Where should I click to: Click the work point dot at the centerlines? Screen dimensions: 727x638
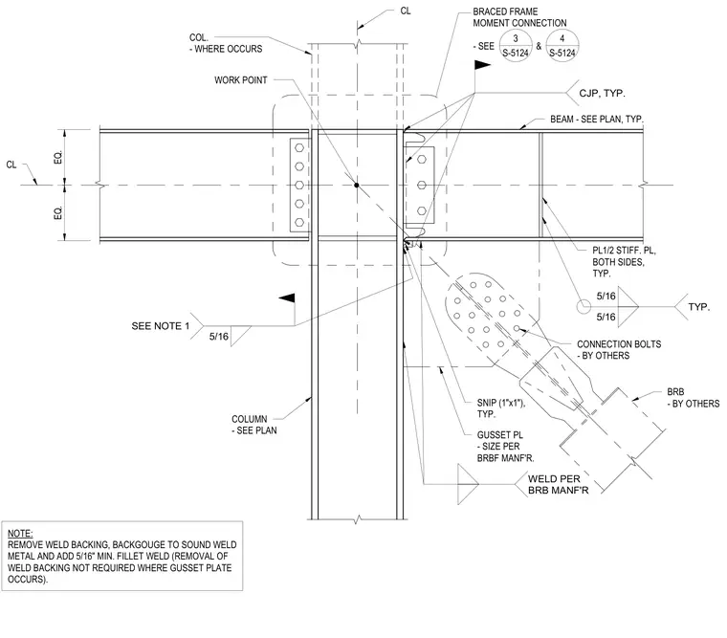357,185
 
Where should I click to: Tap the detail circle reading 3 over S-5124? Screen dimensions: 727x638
515,46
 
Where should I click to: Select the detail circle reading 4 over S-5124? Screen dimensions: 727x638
562,46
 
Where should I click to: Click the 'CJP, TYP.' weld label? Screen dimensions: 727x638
602,93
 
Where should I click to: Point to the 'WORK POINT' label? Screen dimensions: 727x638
241,80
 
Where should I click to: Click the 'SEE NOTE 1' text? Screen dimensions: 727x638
161,326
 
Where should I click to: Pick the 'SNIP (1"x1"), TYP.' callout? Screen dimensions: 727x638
500,408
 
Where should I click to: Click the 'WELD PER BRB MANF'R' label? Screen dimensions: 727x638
559,485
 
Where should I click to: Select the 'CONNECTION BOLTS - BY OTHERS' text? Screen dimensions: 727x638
619,349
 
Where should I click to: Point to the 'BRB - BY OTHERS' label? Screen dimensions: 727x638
694,398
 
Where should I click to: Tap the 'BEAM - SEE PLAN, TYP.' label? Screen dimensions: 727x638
597,120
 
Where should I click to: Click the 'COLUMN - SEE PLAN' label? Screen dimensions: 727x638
254,425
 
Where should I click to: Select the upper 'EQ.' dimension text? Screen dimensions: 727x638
58,157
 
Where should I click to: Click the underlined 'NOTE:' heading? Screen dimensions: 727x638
20,533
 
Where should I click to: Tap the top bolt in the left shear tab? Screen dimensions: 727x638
299,148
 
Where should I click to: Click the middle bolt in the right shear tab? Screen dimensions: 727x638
422,186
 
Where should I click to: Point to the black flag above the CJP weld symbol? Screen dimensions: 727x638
482,65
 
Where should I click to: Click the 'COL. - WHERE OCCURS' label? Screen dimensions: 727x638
226,43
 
